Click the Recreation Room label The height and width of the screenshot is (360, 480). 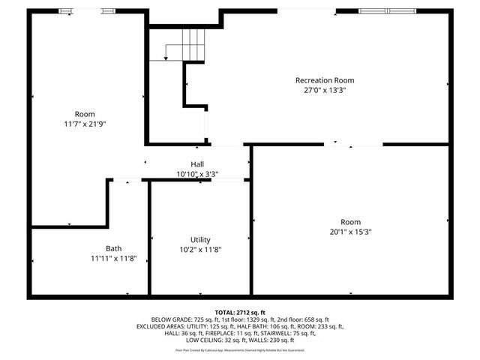(x=324, y=80)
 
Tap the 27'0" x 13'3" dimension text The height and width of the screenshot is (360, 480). (x=324, y=90)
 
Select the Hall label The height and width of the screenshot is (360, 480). (x=197, y=163)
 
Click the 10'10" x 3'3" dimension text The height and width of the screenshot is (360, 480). (x=197, y=173)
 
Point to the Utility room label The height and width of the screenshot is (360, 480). (x=200, y=239)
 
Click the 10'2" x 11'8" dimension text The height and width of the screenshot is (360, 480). (x=200, y=249)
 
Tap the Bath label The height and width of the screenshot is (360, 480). (x=113, y=248)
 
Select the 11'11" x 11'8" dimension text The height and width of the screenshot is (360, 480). (x=113, y=258)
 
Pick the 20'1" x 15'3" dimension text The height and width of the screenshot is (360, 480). (x=350, y=232)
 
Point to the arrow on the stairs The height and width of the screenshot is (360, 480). (x=166, y=56)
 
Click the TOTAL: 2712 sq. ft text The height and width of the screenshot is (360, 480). (x=240, y=312)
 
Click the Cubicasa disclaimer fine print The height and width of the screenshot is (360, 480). (x=240, y=349)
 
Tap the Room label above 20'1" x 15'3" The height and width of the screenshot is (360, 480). (x=350, y=222)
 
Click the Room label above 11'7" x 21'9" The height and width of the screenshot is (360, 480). (x=85, y=113)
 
